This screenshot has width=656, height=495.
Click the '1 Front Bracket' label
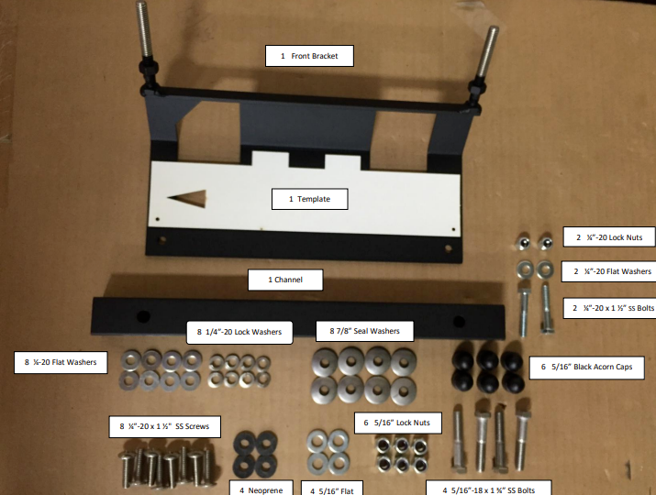click(309, 56)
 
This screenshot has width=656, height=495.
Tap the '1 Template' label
click(309, 199)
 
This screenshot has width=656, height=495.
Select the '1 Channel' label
click(285, 280)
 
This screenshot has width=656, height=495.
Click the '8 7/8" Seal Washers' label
click(364, 331)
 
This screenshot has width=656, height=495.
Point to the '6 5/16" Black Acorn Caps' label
click(586, 367)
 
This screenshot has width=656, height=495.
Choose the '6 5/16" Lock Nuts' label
click(397, 423)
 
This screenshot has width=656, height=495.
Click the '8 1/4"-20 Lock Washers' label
click(239, 332)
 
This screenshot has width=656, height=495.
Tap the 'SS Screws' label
click(165, 426)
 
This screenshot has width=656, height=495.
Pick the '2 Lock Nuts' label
click(609, 237)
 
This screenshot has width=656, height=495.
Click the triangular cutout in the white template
click(191, 198)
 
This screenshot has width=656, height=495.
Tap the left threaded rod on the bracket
click(144, 30)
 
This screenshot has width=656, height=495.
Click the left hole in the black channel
click(143, 316)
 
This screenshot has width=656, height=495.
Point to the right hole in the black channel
click(459, 322)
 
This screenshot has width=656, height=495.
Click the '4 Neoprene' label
click(261, 489)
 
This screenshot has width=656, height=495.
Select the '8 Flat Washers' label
click(61, 362)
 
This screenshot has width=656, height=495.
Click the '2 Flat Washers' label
click(608, 271)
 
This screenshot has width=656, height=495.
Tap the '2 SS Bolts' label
click(609, 308)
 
